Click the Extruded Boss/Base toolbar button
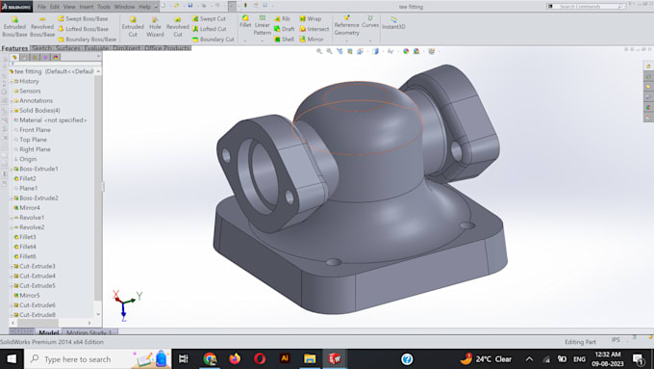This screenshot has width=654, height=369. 14,26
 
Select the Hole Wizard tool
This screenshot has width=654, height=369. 156,26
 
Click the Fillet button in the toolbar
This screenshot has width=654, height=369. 245,23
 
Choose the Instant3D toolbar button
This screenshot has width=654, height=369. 393,23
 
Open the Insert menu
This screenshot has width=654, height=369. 86,7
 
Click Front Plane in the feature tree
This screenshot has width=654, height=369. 35,130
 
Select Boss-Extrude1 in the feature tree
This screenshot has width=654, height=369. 38,169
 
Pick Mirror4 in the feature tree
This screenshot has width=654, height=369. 30,208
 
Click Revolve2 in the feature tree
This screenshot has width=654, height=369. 32,227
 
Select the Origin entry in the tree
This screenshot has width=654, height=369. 28,159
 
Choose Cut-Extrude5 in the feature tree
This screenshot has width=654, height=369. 38,286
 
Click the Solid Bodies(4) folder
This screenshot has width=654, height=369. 39,110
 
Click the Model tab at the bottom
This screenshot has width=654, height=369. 48,333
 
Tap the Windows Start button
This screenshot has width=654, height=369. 11,358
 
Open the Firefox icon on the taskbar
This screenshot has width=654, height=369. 235,358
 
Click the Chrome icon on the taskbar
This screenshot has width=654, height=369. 210,358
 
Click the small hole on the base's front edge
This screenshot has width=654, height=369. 333,262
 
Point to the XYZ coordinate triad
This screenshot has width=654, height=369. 125,303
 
